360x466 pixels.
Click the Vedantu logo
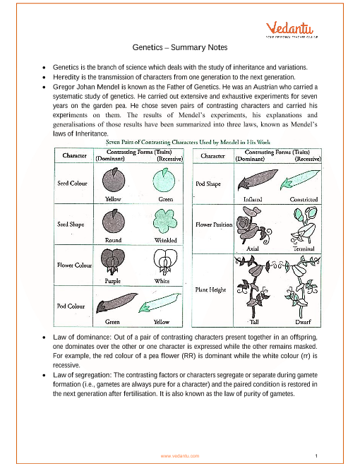pos(292,30)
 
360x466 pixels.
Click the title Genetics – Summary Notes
pos(180,47)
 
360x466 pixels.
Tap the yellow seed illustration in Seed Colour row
pos(114,179)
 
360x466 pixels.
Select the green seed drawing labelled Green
pos(164,180)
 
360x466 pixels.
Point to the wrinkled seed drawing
pos(165,221)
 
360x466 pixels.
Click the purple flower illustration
pos(113,261)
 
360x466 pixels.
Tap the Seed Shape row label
pos(71,224)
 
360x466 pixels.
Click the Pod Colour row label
pos(71,306)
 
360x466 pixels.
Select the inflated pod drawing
pos(258,179)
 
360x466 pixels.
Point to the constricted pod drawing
pos(300,179)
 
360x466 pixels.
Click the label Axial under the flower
pos(253,249)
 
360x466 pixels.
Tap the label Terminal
pos(304,249)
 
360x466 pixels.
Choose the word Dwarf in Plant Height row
pos(303,322)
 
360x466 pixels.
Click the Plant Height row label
pos(210,289)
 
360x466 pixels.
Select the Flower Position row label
pos(214,225)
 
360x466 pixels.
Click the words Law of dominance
pos(82,337)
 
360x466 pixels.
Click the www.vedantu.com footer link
pos(180,456)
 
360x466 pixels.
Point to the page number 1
pos(316,456)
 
